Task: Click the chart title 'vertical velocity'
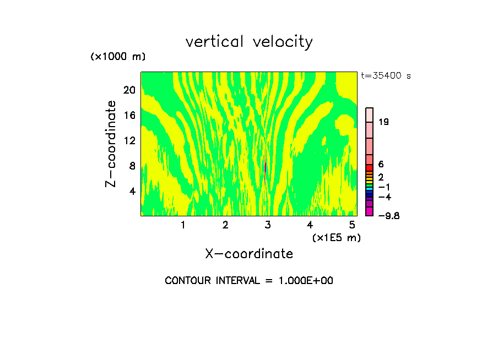249,42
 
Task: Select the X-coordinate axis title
249,254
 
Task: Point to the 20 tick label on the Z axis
129,90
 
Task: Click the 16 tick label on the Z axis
129,116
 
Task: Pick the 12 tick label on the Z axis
129,141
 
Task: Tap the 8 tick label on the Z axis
132,166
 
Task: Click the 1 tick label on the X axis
183,225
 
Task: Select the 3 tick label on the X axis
268,225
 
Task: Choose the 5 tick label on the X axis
352,225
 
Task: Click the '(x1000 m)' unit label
118,57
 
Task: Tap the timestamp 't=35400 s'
386,76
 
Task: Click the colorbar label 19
384,122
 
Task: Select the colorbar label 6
381,165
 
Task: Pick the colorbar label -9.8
388,216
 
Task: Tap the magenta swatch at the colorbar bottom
370,211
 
